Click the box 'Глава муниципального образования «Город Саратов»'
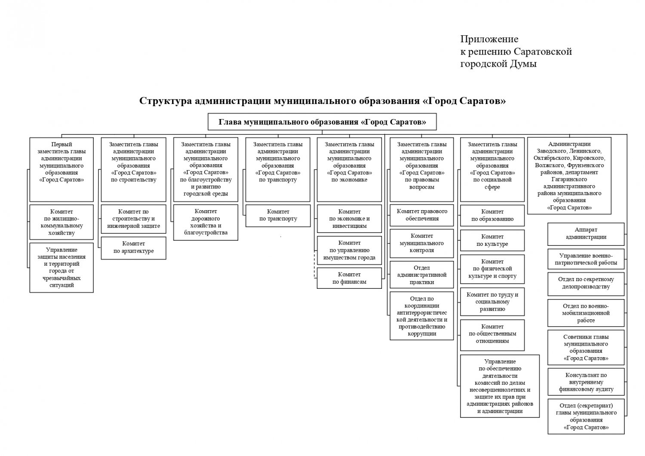(x=322, y=122)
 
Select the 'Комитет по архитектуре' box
(x=134, y=248)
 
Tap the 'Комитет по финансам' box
(x=349, y=278)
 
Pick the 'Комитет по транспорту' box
(x=278, y=216)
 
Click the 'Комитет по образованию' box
(x=492, y=215)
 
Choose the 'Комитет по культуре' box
(x=492, y=240)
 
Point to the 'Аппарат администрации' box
(x=586, y=234)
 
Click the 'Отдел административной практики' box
(x=422, y=275)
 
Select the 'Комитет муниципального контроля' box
(x=422, y=243)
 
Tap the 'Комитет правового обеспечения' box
(x=422, y=215)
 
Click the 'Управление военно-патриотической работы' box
(x=586, y=259)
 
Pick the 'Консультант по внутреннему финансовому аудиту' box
(x=586, y=382)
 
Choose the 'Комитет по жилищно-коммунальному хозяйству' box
(x=61, y=222)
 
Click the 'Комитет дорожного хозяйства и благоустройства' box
(x=206, y=222)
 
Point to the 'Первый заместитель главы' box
(x=61, y=169)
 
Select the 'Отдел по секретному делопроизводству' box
(x=586, y=284)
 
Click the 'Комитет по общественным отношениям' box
(x=492, y=335)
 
